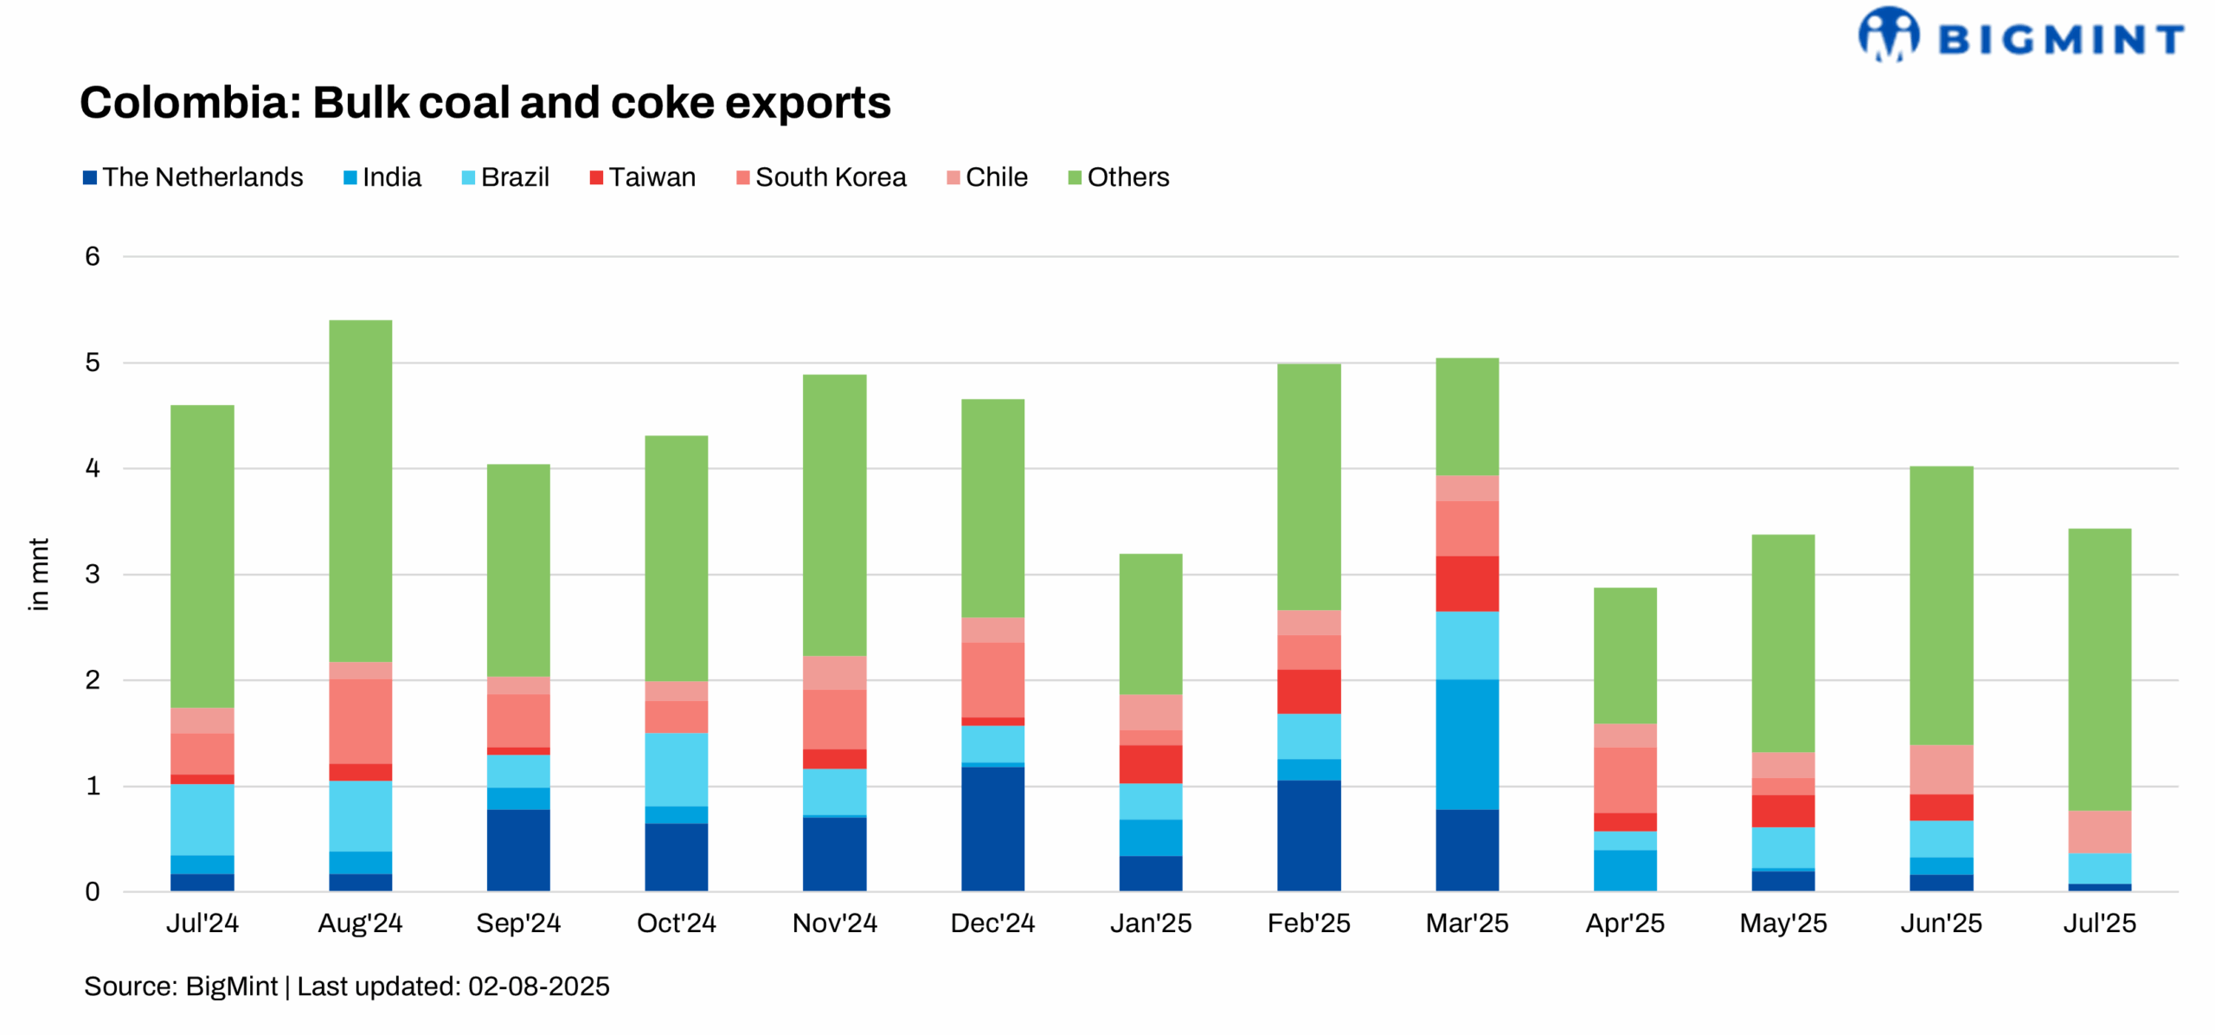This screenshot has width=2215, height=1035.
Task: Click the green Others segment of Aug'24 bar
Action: click(x=360, y=491)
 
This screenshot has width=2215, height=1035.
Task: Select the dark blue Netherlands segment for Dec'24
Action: click(x=992, y=828)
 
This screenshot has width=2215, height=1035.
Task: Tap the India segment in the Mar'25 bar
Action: click(x=1467, y=744)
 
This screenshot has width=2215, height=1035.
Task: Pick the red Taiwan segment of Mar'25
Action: click(x=1467, y=583)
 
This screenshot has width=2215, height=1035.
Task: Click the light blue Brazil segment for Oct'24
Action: click(x=676, y=769)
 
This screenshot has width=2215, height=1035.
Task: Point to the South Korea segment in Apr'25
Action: click(x=1624, y=780)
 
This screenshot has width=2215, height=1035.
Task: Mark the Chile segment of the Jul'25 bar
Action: click(x=2099, y=832)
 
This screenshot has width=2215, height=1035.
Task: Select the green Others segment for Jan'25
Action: click(x=1150, y=624)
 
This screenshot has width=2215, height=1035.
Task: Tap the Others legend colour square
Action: click(x=1075, y=178)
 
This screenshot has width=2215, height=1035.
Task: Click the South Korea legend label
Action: click(x=830, y=177)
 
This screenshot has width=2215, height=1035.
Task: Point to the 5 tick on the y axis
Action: click(x=93, y=363)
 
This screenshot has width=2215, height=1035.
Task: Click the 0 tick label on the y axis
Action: click(x=93, y=891)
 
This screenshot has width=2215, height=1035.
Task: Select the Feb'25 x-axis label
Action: click(x=1308, y=923)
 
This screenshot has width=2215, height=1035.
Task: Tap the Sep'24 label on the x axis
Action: click(x=518, y=923)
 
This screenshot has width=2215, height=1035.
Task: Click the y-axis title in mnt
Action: click(x=38, y=574)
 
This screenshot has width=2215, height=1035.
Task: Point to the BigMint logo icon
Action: click(x=1888, y=35)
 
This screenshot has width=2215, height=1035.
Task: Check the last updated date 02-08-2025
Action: click(x=538, y=987)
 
